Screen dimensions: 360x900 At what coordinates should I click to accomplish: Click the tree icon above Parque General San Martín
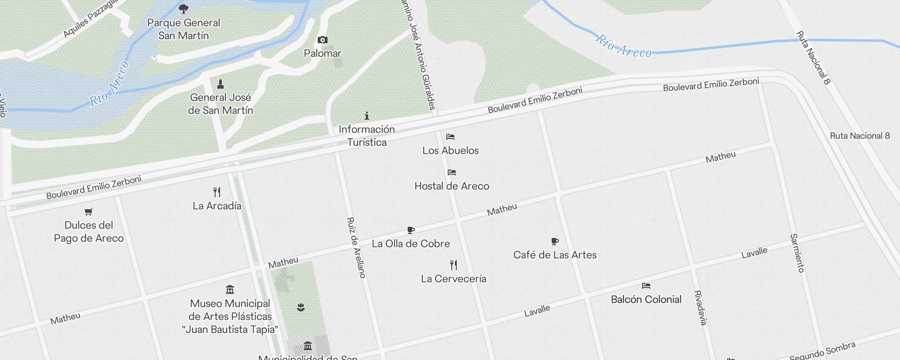(x=184, y=9)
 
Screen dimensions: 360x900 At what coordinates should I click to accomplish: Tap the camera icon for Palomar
(x=322, y=40)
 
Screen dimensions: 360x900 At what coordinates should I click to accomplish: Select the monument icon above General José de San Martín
(x=220, y=84)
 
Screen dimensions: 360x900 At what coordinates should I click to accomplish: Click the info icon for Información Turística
(x=367, y=116)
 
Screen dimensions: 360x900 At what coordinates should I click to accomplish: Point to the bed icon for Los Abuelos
(x=450, y=137)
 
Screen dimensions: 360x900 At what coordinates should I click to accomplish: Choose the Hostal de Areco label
(x=451, y=186)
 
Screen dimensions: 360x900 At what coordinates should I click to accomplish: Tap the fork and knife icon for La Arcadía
(x=217, y=192)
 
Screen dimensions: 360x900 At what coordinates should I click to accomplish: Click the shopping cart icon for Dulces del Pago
(x=89, y=211)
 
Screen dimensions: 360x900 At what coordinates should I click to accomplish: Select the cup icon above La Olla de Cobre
(x=410, y=230)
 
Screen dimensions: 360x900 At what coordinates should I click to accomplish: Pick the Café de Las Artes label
(x=555, y=255)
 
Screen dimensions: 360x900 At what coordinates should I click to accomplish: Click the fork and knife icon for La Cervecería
(x=454, y=265)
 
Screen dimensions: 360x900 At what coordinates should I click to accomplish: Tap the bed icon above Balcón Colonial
(x=646, y=286)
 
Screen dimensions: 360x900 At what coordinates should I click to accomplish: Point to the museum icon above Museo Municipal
(x=230, y=289)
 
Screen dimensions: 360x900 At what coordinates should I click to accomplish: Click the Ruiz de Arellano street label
(x=356, y=247)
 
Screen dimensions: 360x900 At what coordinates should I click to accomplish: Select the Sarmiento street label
(x=797, y=253)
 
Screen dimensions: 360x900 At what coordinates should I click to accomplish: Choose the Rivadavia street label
(x=701, y=308)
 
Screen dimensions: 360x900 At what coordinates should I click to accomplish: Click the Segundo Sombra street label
(x=822, y=351)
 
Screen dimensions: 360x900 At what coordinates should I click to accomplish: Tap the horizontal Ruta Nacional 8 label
(x=859, y=136)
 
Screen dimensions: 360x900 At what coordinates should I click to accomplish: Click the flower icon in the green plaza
(x=301, y=307)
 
